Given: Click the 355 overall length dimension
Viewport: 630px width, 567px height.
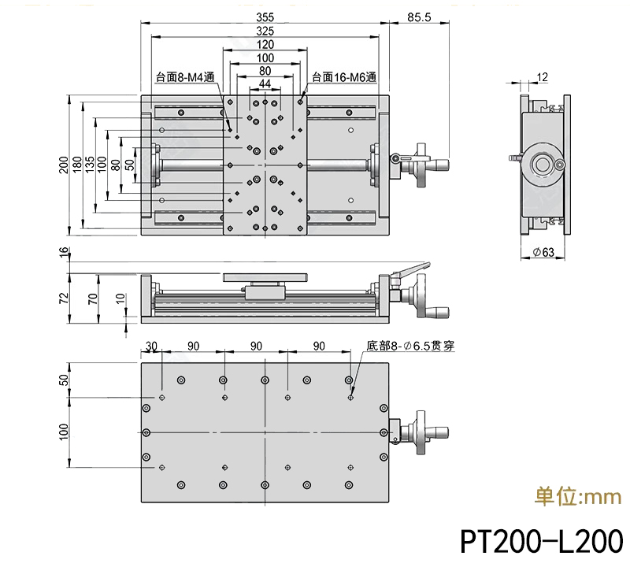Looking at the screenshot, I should (265, 17).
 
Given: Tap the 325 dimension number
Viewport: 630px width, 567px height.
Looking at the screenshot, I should (265, 31).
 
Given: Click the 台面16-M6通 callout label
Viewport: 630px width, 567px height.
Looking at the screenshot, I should (345, 77).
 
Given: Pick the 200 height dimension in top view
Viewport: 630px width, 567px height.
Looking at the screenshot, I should (63, 165).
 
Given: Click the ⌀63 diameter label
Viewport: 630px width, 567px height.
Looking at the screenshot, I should (544, 252).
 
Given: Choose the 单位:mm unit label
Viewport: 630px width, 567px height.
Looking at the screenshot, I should (578, 497).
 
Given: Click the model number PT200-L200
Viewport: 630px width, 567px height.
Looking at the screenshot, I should (541, 542).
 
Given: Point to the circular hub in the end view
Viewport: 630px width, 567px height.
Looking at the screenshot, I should (543, 165).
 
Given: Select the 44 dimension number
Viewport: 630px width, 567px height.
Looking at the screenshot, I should (265, 83).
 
